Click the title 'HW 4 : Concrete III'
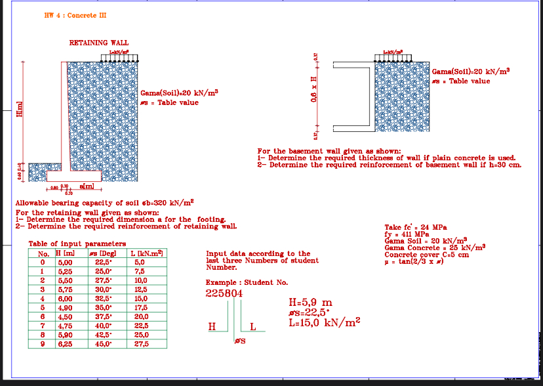click(75, 15)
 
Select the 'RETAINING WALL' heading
click(99, 43)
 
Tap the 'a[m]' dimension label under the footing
click(87, 188)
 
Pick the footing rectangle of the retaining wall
click(74, 176)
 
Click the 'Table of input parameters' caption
click(68, 244)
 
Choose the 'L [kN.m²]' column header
click(147, 253)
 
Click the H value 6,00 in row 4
click(66, 297)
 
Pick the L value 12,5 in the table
click(139, 288)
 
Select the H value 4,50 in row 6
click(66, 316)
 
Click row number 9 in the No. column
click(44, 344)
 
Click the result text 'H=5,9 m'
click(310, 303)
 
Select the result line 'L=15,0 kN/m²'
click(324, 322)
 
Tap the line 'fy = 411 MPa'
click(407, 234)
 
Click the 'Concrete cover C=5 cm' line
click(426, 254)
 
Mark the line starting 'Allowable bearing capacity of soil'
click(105, 203)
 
